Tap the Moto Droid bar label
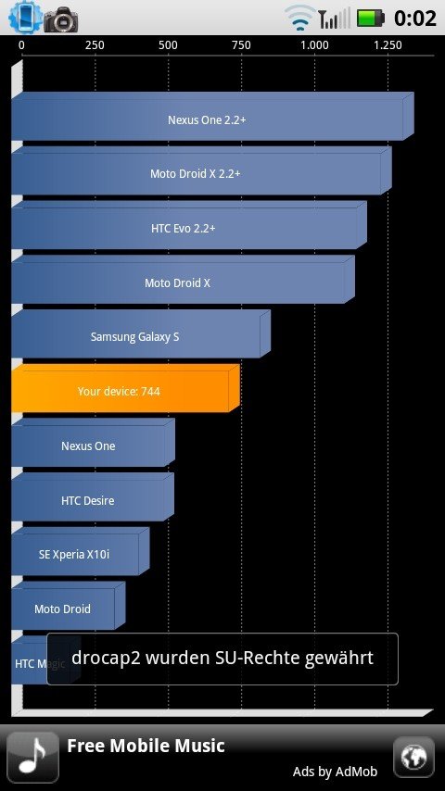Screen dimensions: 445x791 pos(63,609)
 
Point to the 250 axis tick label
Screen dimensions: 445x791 pos(95,45)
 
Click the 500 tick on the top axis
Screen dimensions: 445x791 pos(168,45)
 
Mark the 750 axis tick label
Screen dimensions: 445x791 pos(241,45)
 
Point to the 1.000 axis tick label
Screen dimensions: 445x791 pos(314,45)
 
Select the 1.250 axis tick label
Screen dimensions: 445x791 pos(388,45)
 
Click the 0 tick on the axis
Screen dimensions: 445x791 pos(21,45)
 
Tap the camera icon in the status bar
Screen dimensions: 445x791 pos(60,19)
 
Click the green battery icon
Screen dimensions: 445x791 pos(371,19)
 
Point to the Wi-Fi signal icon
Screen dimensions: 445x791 pos(300,18)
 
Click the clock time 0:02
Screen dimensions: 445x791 pos(415,19)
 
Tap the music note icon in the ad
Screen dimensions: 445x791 pos(32,758)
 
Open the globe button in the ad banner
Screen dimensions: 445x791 pos(413,758)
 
